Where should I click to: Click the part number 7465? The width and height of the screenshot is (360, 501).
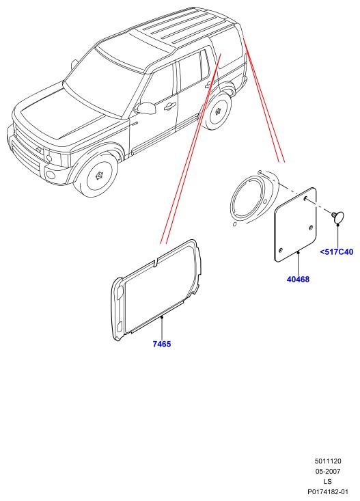pyautogui.click(x=162, y=344)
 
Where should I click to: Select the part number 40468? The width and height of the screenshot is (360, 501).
pyautogui.click(x=298, y=280)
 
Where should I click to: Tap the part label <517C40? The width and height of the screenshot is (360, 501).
pyautogui.click(x=337, y=252)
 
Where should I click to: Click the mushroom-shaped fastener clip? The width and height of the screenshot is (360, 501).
pyautogui.click(x=337, y=217)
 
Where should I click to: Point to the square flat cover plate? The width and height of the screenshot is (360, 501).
pyautogui.click(x=296, y=225)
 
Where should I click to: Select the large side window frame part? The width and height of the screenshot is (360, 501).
pyautogui.click(x=156, y=290)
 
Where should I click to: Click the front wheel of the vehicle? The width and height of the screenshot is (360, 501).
pyautogui.click(x=97, y=176)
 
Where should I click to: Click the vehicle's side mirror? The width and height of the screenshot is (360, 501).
pyautogui.click(x=146, y=108)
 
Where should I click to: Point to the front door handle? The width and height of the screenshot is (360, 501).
pyautogui.click(x=170, y=107)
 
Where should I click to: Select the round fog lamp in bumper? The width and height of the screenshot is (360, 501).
pyautogui.click(x=51, y=174)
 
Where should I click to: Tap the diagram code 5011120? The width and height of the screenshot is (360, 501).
pyautogui.click(x=328, y=461)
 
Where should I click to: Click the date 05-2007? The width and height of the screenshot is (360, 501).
pyautogui.click(x=328, y=472)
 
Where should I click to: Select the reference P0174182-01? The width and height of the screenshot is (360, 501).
pyautogui.click(x=328, y=491)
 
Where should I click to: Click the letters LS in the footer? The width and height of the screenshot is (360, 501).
pyautogui.click(x=328, y=481)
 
